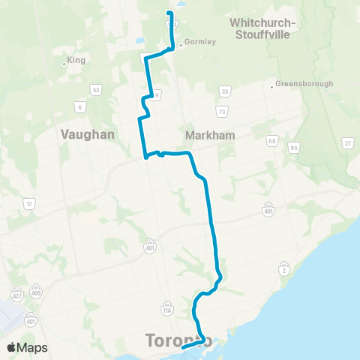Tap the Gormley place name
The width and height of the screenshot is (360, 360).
[199, 42]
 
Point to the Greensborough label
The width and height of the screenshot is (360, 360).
[304, 83]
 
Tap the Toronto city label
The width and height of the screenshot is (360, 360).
[177, 342]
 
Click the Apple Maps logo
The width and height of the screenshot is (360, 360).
[27, 347]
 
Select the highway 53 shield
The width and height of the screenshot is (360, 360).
[96, 90]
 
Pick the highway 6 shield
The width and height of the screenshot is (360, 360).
[79, 106]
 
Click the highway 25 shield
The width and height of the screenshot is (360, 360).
[224, 91]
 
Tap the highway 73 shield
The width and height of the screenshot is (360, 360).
[221, 111]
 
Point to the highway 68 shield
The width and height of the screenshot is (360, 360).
[271, 140]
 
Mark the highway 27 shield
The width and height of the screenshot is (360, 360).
[347, 142]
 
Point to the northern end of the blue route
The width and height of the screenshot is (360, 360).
[169, 13]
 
